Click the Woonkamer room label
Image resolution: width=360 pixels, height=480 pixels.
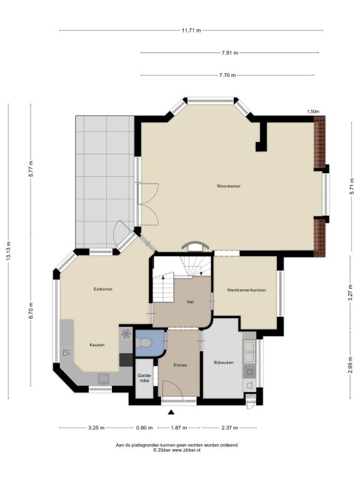(x=228, y=186)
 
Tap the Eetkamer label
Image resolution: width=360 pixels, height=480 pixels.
(x=103, y=289)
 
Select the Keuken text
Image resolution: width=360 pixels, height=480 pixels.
(x=97, y=345)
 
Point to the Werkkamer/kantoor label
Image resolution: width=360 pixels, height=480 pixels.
(x=246, y=290)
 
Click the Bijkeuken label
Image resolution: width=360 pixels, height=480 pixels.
(x=224, y=362)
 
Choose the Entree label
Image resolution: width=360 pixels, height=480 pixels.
(x=180, y=365)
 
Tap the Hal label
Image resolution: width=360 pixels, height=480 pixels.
(x=191, y=302)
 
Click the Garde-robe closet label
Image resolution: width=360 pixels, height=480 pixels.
(x=143, y=377)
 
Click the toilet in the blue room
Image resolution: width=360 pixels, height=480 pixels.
(x=142, y=342)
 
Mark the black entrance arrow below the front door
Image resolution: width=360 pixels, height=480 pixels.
(x=171, y=412)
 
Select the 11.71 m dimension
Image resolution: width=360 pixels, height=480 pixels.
(x=191, y=30)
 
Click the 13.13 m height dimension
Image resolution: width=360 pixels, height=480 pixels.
(x=9, y=251)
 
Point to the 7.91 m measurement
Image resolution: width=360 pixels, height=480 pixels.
(x=229, y=52)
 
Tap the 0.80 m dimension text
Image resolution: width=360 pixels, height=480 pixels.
(x=144, y=427)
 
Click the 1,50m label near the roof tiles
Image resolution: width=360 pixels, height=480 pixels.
(x=313, y=111)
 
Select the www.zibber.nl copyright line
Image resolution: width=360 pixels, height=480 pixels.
(x=177, y=450)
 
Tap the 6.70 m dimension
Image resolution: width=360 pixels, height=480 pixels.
(x=31, y=311)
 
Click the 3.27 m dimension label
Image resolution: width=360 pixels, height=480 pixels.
(x=350, y=293)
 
